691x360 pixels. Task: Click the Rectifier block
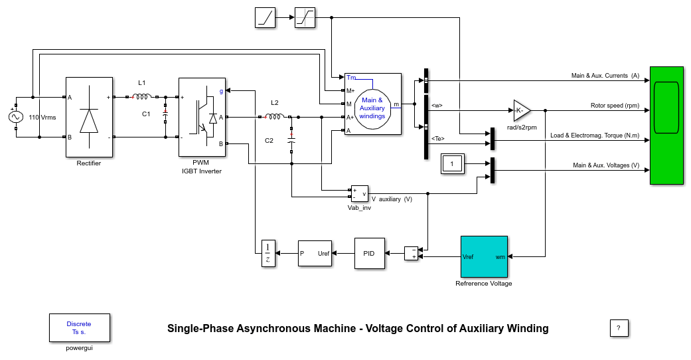pyautogui.click(x=89, y=118)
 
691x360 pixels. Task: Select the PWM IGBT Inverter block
pyautogui.click(x=202, y=118)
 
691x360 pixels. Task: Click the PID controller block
pyautogui.click(x=369, y=253)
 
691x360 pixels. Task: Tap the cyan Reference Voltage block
pyautogui.click(x=485, y=256)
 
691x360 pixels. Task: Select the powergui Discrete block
pyautogui.click(x=79, y=327)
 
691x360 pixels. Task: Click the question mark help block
pyautogui.click(x=619, y=327)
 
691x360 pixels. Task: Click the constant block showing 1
pyautogui.click(x=453, y=163)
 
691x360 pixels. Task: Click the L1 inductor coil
pyautogui.click(x=142, y=96)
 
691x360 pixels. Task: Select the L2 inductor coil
pyautogui.click(x=275, y=117)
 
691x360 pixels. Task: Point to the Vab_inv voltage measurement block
pyautogui.click(x=359, y=193)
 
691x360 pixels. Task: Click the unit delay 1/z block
pyautogui.click(x=268, y=253)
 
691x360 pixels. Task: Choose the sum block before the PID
pyautogui.click(x=412, y=253)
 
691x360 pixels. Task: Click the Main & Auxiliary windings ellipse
pyautogui.click(x=372, y=108)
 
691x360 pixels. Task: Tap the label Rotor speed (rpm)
pyautogui.click(x=615, y=106)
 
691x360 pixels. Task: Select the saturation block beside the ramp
pyautogui.click(x=305, y=18)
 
